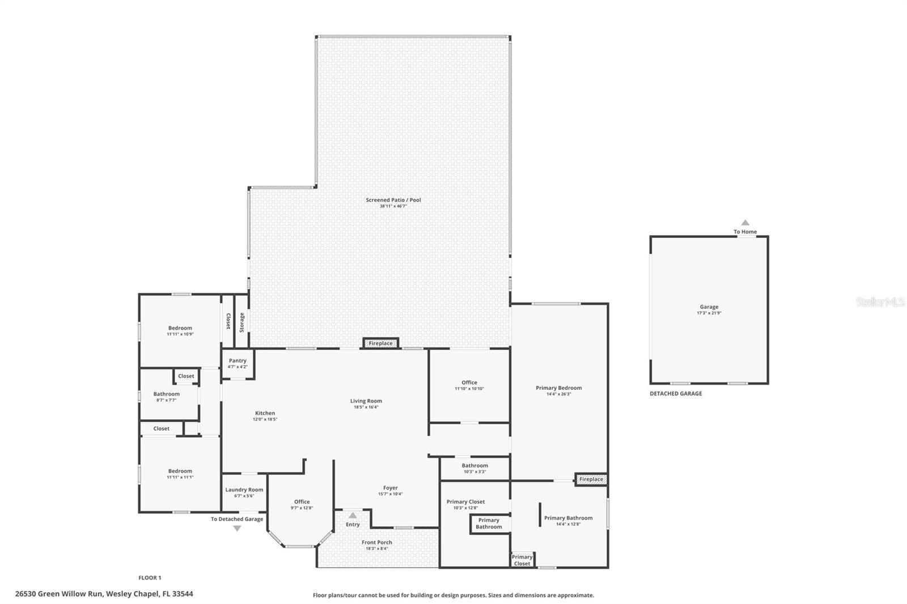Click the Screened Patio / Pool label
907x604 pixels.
(393, 200)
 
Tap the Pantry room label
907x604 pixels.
(238, 361)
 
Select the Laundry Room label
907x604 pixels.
(244, 490)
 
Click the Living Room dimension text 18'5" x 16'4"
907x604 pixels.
(366, 407)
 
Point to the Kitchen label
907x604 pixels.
(265, 414)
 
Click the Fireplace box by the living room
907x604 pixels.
(380, 343)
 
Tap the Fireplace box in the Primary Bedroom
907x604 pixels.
(591, 479)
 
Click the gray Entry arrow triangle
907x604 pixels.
(353, 516)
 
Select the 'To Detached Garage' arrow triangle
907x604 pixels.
(237, 529)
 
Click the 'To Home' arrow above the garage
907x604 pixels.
(745, 223)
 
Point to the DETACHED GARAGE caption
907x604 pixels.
(676, 394)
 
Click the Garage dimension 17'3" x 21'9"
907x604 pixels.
(709, 313)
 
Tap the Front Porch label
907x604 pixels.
(377, 543)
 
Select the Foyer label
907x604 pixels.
(390, 488)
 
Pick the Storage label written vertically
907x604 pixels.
(242, 322)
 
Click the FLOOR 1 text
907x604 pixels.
(150, 578)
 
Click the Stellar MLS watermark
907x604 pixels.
(880, 303)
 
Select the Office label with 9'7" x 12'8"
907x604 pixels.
(302, 502)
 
